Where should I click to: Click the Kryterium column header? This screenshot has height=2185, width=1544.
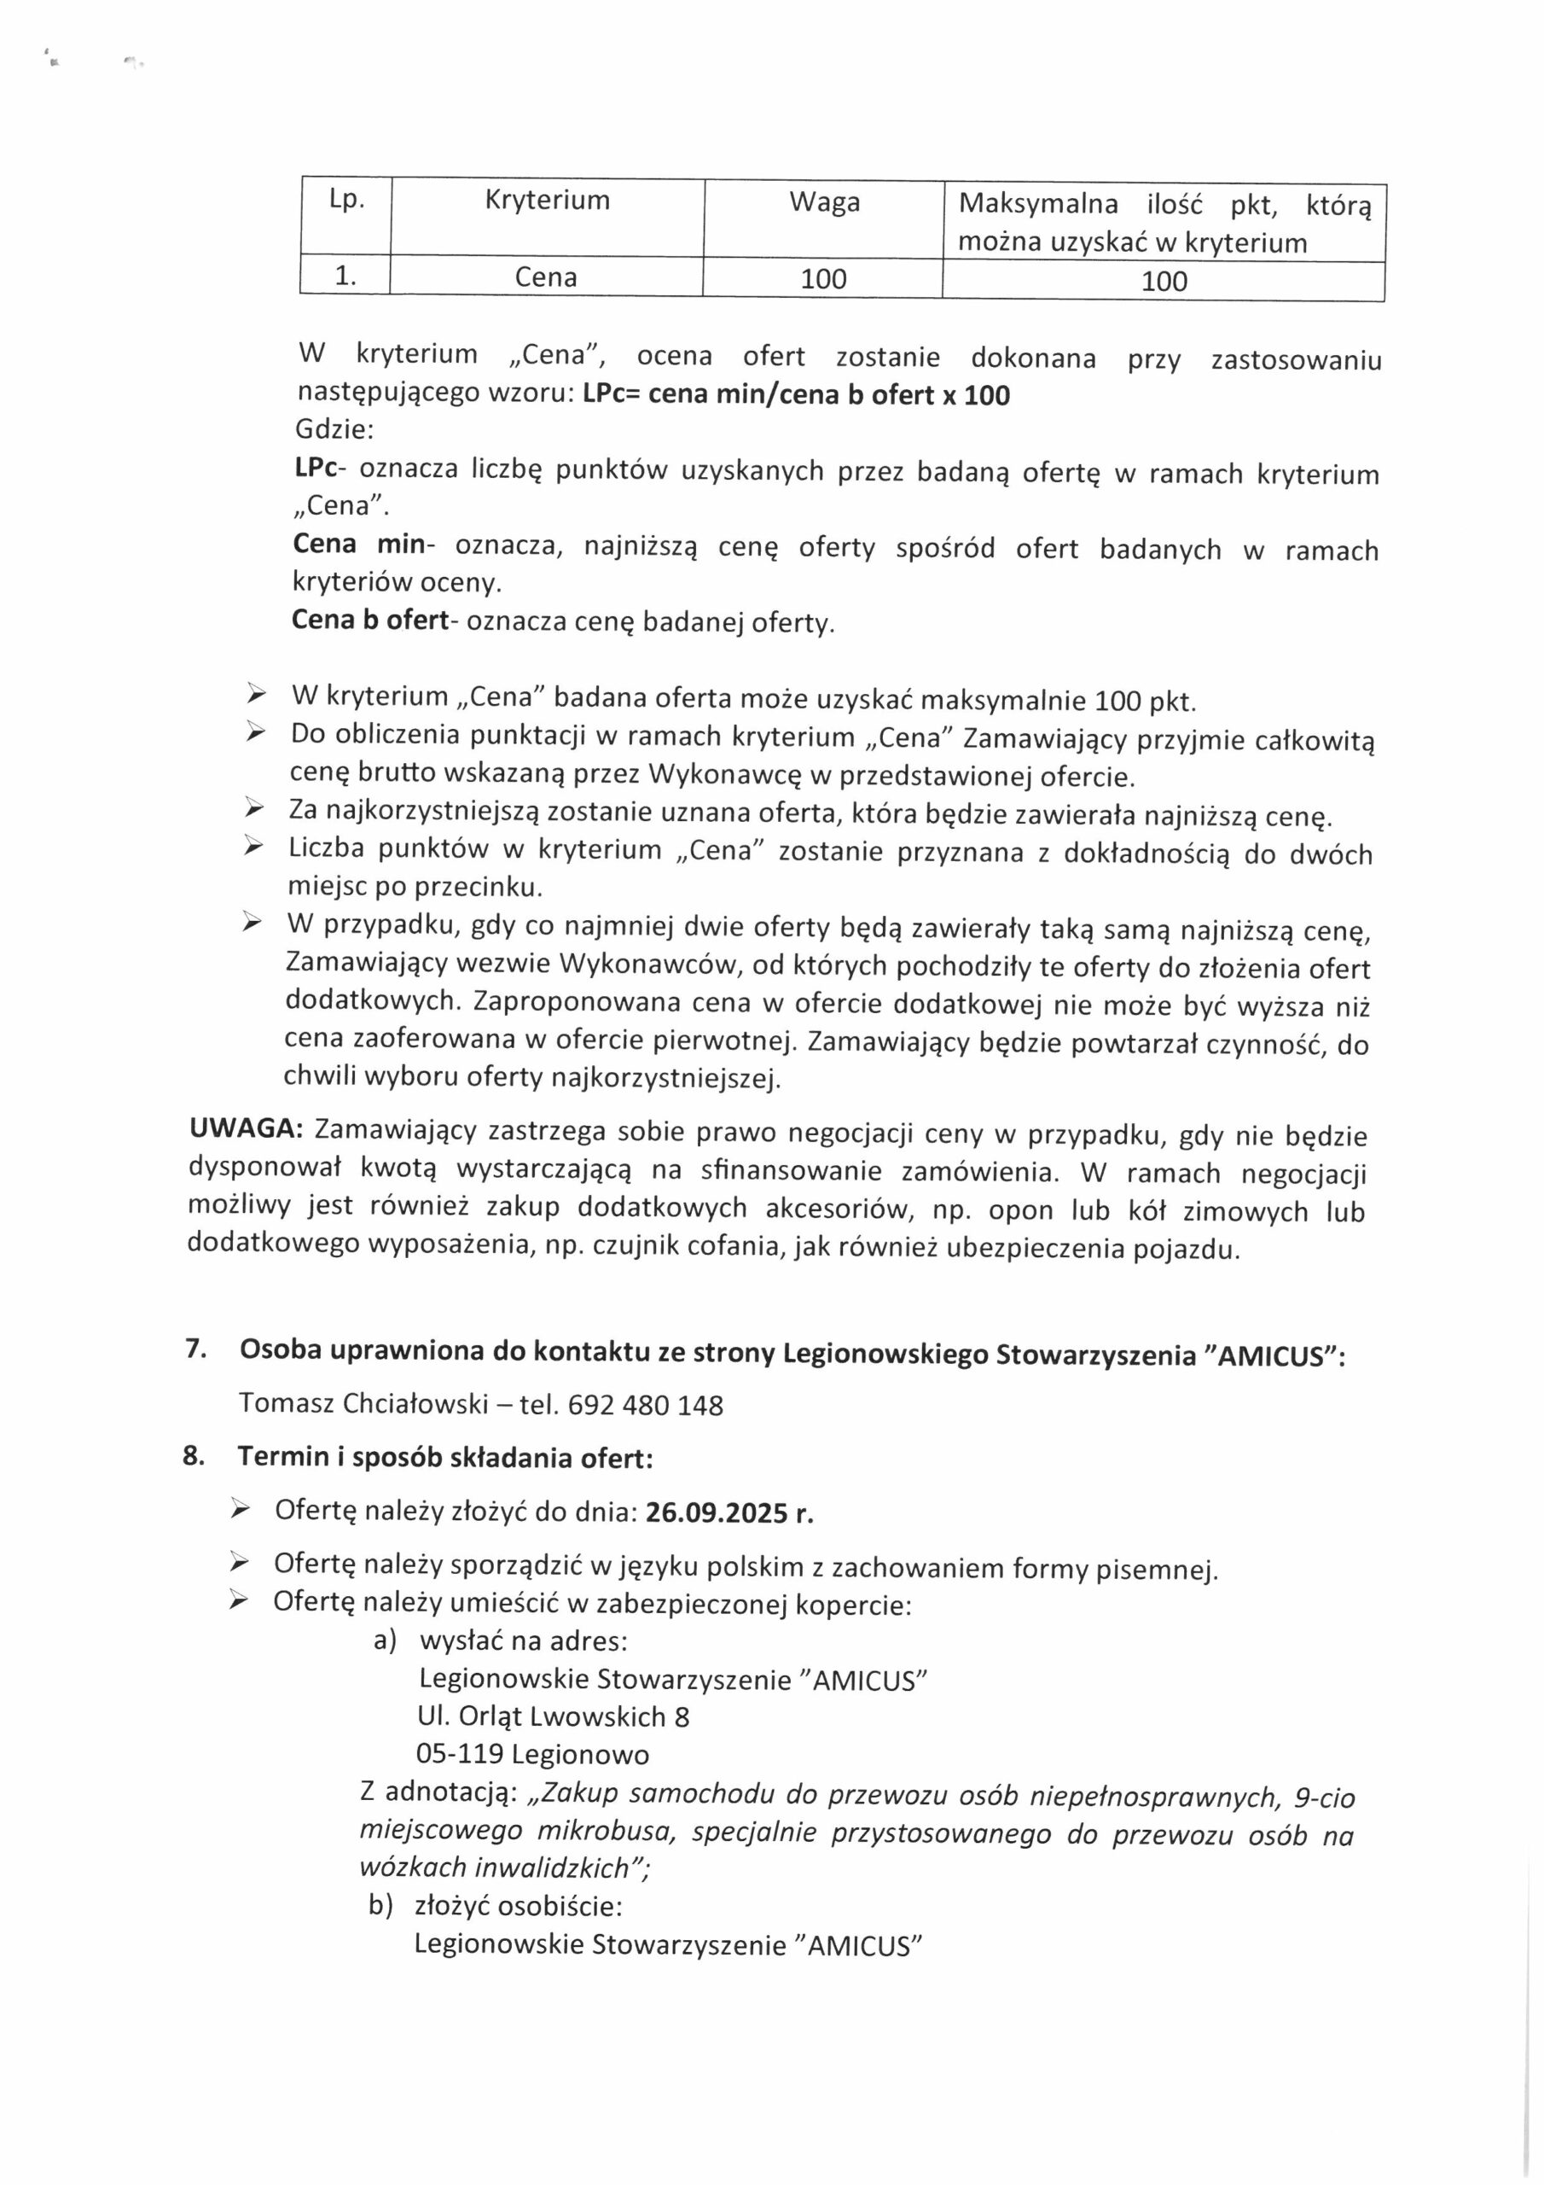(547, 201)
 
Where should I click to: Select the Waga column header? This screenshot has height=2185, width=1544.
(824, 202)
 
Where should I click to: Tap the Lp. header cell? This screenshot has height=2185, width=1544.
(346, 200)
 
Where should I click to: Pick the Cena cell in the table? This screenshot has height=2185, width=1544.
(546, 277)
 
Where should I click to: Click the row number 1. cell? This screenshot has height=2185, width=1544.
(345, 276)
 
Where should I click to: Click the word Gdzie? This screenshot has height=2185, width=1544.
(335, 430)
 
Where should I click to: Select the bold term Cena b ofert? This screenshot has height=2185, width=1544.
(370, 620)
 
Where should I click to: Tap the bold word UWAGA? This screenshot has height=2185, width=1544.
(247, 1128)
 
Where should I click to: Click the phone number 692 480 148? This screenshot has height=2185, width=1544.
(645, 1406)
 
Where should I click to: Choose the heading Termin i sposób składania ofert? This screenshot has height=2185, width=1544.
(444, 1458)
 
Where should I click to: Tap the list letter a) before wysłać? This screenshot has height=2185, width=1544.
(385, 1641)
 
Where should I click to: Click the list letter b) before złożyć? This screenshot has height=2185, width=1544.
(381, 1906)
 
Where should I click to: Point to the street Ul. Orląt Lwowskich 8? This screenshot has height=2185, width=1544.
(553, 1716)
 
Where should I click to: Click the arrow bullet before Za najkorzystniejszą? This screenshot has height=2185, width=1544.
(253, 810)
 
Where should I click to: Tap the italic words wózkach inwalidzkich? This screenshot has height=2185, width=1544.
(495, 1868)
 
